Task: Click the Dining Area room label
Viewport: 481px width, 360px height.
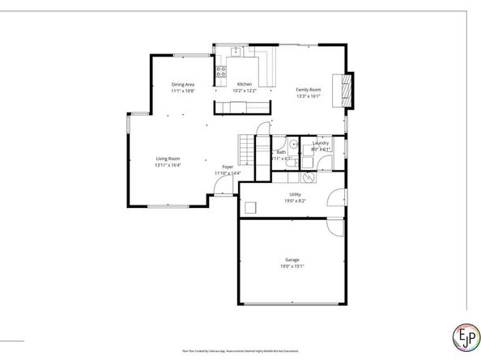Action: point(182,84)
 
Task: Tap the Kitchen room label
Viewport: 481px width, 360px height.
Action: point(244,84)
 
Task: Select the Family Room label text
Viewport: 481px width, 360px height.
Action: point(308,89)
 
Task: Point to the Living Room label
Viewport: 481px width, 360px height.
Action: point(168,159)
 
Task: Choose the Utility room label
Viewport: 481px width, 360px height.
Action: point(295,194)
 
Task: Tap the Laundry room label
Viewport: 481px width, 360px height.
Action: point(321,142)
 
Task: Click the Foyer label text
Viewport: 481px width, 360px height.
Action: point(228,167)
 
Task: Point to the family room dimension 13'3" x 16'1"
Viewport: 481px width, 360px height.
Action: point(308,96)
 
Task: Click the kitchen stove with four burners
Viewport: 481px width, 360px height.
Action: point(219,75)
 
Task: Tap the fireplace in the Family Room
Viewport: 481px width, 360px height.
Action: point(348,90)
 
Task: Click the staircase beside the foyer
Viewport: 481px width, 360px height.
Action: point(247,150)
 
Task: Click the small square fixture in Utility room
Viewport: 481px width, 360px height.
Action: point(251,207)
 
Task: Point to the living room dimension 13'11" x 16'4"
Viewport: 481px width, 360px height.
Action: point(168,166)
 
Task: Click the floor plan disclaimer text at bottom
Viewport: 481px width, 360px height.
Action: point(240,351)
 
